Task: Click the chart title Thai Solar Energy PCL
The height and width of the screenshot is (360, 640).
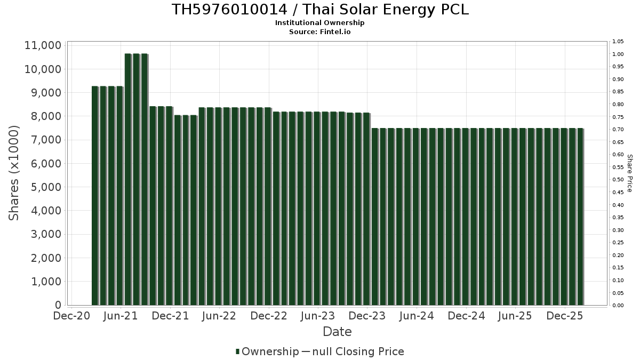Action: pos(320,10)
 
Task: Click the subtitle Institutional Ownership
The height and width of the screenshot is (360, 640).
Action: pos(320,23)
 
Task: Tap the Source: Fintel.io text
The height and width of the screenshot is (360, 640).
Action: pos(320,31)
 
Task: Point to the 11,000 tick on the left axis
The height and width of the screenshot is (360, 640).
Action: pos(43,46)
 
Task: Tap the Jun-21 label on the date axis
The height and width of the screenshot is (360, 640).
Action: pos(121,316)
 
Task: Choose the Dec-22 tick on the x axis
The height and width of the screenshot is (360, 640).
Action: pos(269,316)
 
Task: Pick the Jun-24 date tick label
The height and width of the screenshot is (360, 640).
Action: pos(417,316)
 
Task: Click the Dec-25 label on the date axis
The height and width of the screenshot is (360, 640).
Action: pos(565,316)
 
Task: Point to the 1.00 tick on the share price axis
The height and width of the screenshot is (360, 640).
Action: pos(618,54)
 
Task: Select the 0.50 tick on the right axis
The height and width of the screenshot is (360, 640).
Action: pos(618,180)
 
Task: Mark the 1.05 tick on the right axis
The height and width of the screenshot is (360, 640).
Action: pos(618,42)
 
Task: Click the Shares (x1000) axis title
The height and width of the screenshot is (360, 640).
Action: pos(14,173)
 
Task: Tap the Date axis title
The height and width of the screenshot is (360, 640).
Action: pos(337,332)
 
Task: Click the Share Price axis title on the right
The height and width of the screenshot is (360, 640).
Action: pos(629,173)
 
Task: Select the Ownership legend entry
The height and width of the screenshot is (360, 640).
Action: pos(270,351)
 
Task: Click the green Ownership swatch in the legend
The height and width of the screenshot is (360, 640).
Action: pos(237,351)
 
